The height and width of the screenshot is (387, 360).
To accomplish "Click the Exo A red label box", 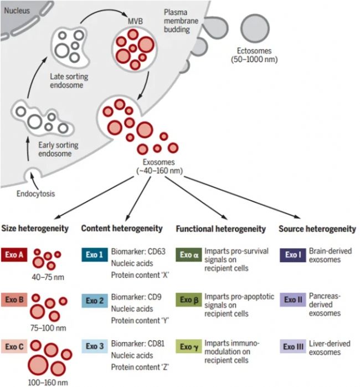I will click(15, 255).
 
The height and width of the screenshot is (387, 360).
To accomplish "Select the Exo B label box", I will click(15, 301).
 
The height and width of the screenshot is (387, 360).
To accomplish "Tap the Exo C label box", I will click(15, 348).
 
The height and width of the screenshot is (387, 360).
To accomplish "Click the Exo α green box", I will click(189, 255).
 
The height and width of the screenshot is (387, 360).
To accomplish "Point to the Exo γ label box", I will click(189, 348).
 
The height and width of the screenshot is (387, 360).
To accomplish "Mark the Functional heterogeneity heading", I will click(220, 228).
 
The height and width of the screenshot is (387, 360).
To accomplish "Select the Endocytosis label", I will click(35, 194).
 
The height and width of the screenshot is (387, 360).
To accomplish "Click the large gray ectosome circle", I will click(255, 29).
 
